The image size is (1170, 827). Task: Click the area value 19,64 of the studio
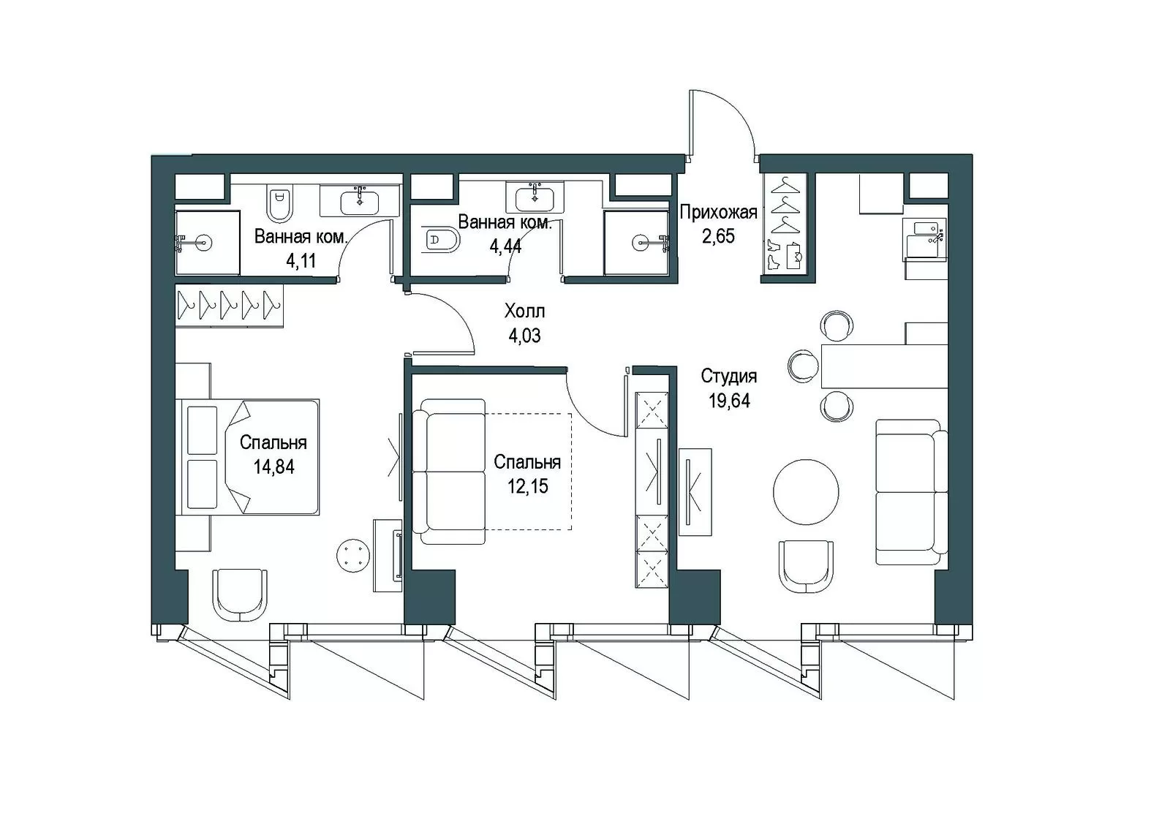tap(729, 401)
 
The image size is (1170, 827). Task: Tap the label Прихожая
tap(718, 213)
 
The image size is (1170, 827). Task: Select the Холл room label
tap(524, 311)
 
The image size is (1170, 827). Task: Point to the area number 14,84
tap(273, 467)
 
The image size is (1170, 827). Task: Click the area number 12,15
tap(527, 486)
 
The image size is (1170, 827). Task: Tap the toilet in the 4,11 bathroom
tap(281, 203)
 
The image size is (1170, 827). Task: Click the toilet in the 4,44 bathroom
tap(442, 241)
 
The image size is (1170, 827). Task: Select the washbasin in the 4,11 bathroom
tap(359, 200)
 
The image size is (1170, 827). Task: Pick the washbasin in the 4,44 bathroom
tap(535, 198)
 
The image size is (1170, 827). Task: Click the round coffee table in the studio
tap(806, 492)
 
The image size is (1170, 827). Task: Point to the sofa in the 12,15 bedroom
tap(449, 472)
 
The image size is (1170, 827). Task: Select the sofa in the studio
tap(911, 492)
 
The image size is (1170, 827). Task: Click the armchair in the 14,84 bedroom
tap(239, 595)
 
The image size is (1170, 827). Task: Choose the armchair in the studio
tap(805, 567)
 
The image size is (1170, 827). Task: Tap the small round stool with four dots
tap(354, 555)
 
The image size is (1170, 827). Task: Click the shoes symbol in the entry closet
tap(774, 255)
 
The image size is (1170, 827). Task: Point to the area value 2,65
tap(718, 236)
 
